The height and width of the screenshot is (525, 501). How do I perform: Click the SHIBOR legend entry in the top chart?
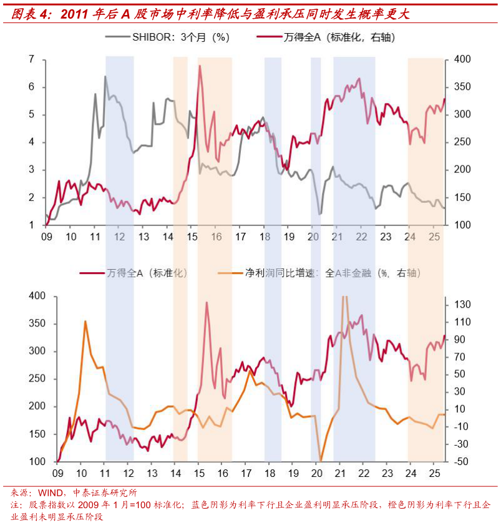pos(180,37)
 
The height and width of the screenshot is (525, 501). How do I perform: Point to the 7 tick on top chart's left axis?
pos(31,59)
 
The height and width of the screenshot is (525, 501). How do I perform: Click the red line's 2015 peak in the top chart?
pos(200,66)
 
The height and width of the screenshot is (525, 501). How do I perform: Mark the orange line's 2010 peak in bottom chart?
pos(85,321)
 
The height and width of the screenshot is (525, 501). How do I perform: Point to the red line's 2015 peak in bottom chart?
pos(207,302)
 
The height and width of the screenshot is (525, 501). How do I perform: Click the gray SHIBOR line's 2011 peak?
pos(105,77)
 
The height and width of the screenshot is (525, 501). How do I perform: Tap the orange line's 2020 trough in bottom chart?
pos(321,461)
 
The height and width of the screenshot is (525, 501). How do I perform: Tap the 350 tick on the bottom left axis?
pos(37,323)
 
